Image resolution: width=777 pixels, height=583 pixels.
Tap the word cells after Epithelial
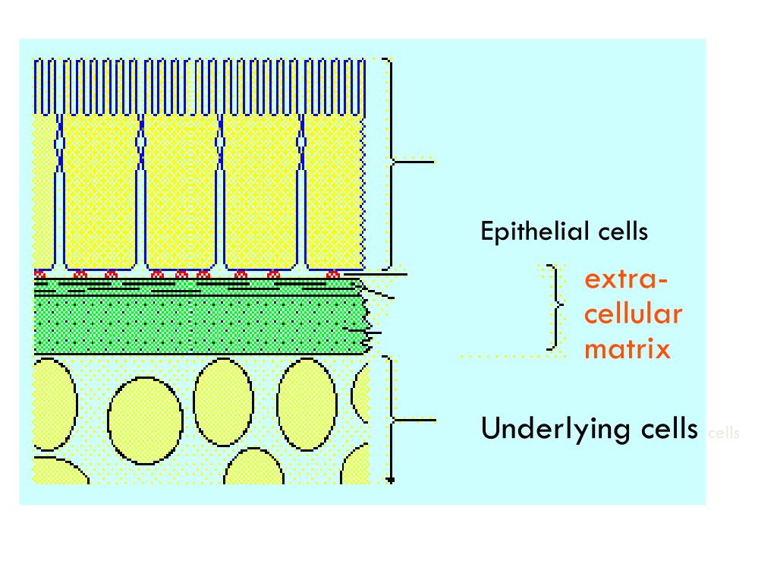[x=622, y=231]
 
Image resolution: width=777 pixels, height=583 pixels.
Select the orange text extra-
[x=626, y=279]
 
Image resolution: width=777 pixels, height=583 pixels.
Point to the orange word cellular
[x=634, y=314]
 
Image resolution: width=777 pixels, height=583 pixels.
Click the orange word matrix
[x=628, y=348]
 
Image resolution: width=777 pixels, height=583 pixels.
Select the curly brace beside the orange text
[x=558, y=307]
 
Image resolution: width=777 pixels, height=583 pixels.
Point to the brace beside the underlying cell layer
[x=392, y=418]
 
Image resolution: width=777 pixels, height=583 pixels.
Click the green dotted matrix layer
[x=197, y=325]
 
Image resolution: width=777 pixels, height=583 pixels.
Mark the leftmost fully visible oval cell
[x=145, y=418]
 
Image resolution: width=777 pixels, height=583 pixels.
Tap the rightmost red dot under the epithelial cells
[x=332, y=274]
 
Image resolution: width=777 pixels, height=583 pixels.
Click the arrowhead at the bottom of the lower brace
[x=391, y=480]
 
